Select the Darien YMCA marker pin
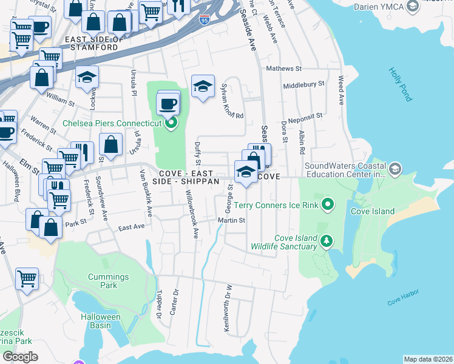coord(413,6)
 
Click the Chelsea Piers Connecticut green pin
coord(171,123)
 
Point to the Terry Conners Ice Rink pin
coord(328,205)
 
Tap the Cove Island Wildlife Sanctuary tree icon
coord(327,242)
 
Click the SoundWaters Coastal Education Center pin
coord(396,168)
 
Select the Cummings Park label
coord(108,281)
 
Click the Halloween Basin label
coord(101,321)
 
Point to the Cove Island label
coord(373,212)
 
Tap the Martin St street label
coord(232,220)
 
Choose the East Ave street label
coord(132,227)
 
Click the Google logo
coord(20,357)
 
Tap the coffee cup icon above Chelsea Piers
coord(168,103)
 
